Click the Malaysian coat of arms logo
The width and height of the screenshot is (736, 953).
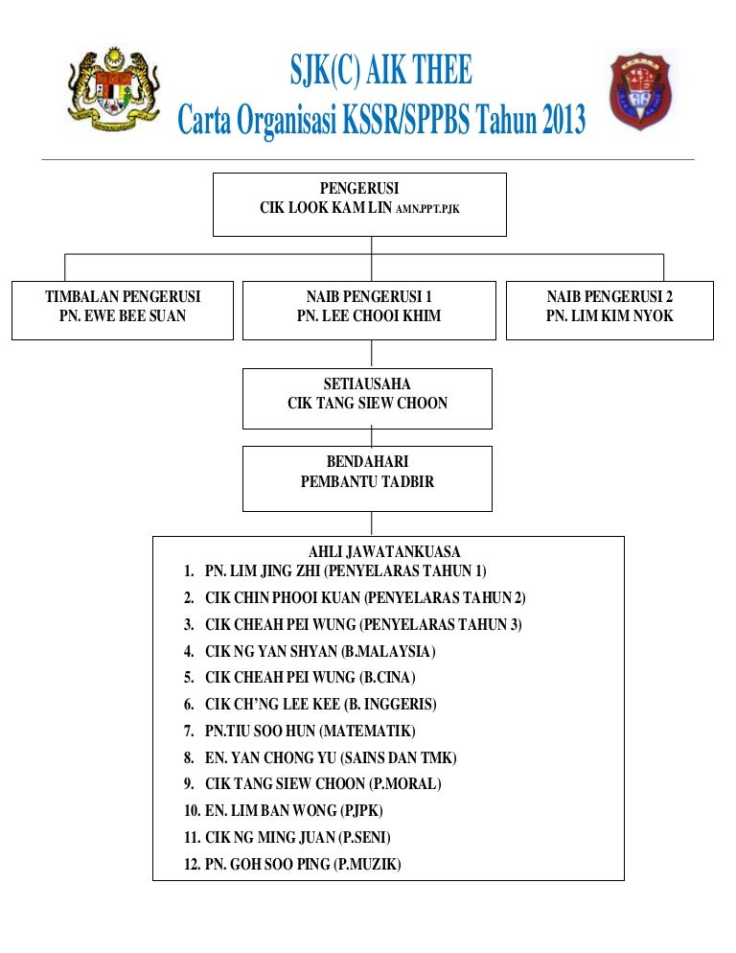(113, 89)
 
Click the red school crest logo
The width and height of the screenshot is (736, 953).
(639, 90)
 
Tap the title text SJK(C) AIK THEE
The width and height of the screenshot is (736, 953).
(381, 69)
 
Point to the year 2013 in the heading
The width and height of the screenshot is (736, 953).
(564, 119)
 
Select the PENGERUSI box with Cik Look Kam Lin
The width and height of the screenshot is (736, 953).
(359, 204)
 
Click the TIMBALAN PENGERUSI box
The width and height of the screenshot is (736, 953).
(122, 310)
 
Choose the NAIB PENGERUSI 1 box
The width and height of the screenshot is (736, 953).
(369, 310)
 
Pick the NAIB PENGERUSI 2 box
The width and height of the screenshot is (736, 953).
(609, 310)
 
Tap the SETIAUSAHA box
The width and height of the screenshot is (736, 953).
(367, 398)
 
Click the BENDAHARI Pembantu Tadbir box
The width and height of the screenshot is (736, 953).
(367, 478)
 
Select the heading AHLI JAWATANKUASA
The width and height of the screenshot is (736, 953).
(384, 551)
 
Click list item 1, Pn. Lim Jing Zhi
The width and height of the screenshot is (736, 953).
(334, 570)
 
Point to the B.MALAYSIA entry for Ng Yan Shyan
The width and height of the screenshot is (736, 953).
(310, 651)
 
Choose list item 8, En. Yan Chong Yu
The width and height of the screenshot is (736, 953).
(320, 757)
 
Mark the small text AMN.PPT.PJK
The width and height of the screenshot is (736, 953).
(427, 209)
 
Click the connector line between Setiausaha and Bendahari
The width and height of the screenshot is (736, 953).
(371, 437)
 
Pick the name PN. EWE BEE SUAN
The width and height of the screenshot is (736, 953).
(122, 315)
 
